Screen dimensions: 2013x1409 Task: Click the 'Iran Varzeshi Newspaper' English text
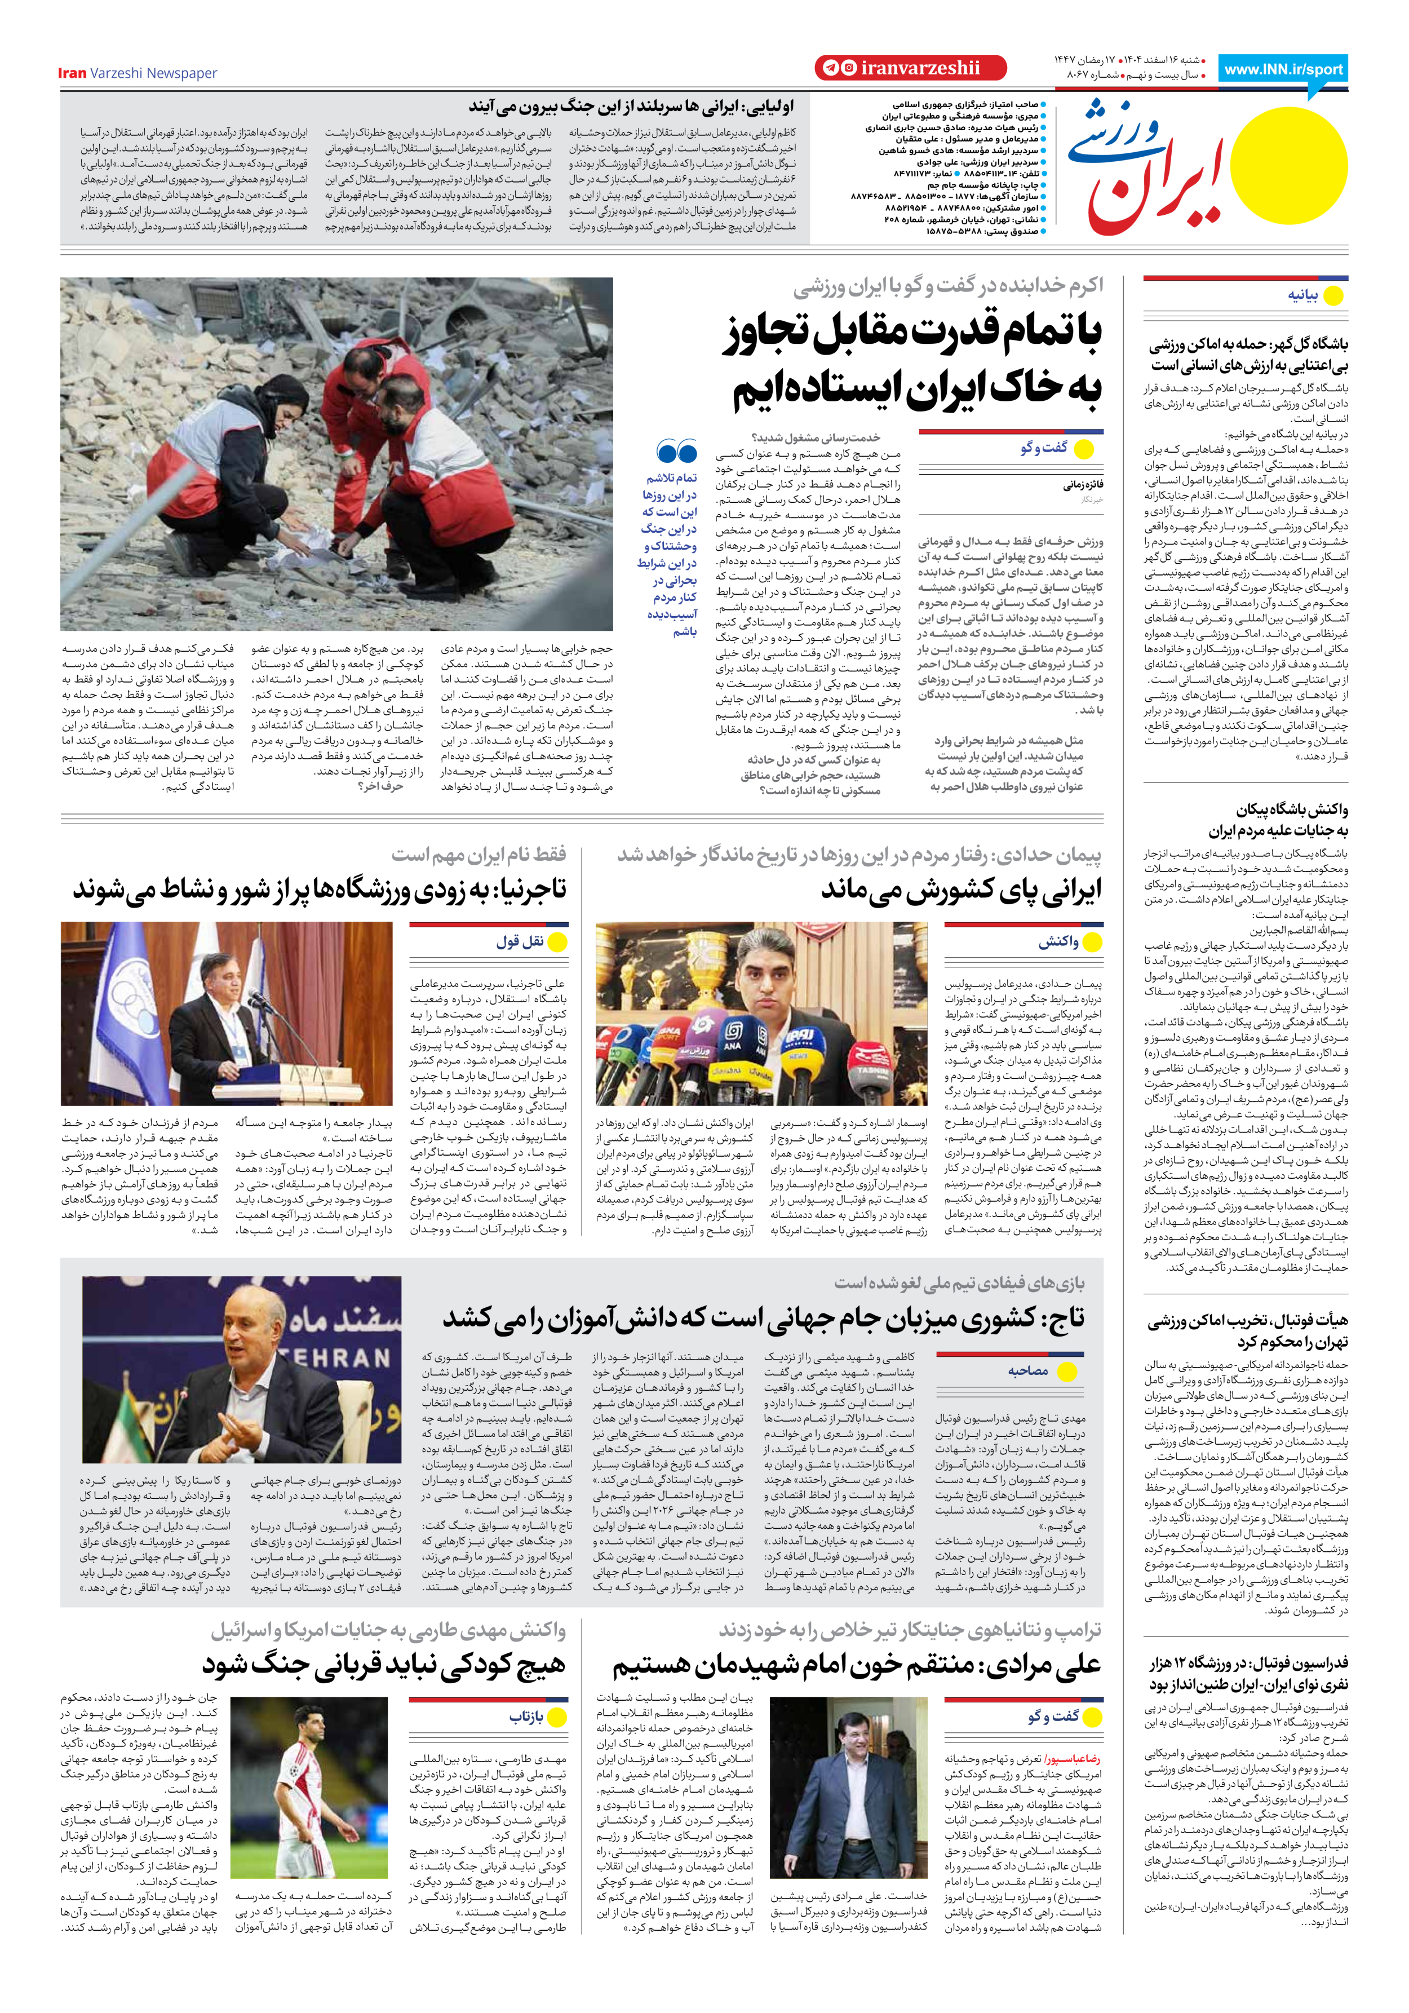point(137,74)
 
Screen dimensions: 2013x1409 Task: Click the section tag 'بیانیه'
point(1303,295)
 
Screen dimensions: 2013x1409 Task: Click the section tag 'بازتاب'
point(526,1716)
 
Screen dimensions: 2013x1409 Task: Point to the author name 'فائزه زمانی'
point(1084,484)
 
